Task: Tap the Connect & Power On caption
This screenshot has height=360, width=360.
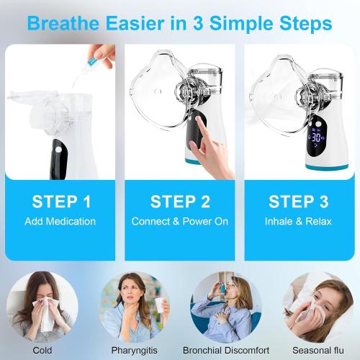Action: (179, 221)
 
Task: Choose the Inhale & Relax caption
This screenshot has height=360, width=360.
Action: (297, 221)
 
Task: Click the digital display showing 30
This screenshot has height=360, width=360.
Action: (317, 136)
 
